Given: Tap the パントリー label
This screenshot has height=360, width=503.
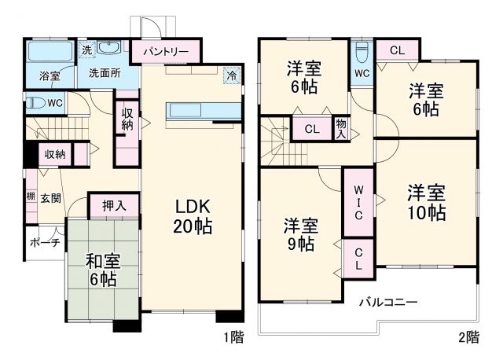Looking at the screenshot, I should (165, 52).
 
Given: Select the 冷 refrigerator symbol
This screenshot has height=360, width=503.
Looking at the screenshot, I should (231, 75).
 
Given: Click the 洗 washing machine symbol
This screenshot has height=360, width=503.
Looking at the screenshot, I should (87, 50).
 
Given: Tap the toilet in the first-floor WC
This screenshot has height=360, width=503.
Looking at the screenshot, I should (35, 102).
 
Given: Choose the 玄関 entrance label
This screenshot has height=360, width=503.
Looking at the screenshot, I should (51, 197).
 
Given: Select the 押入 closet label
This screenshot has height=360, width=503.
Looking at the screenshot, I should (114, 206).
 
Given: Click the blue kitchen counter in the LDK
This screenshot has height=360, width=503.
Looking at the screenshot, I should (195, 111).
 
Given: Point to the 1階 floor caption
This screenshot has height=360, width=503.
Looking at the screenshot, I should (233, 338).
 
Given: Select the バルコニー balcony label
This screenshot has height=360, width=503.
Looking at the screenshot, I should (389, 301).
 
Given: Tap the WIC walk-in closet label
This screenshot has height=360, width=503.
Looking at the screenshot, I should (358, 203).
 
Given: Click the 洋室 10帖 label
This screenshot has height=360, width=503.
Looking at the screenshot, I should (426, 201).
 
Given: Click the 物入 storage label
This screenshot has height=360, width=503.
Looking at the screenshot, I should (340, 128).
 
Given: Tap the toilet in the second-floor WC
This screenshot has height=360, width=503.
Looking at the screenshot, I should (362, 54).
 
